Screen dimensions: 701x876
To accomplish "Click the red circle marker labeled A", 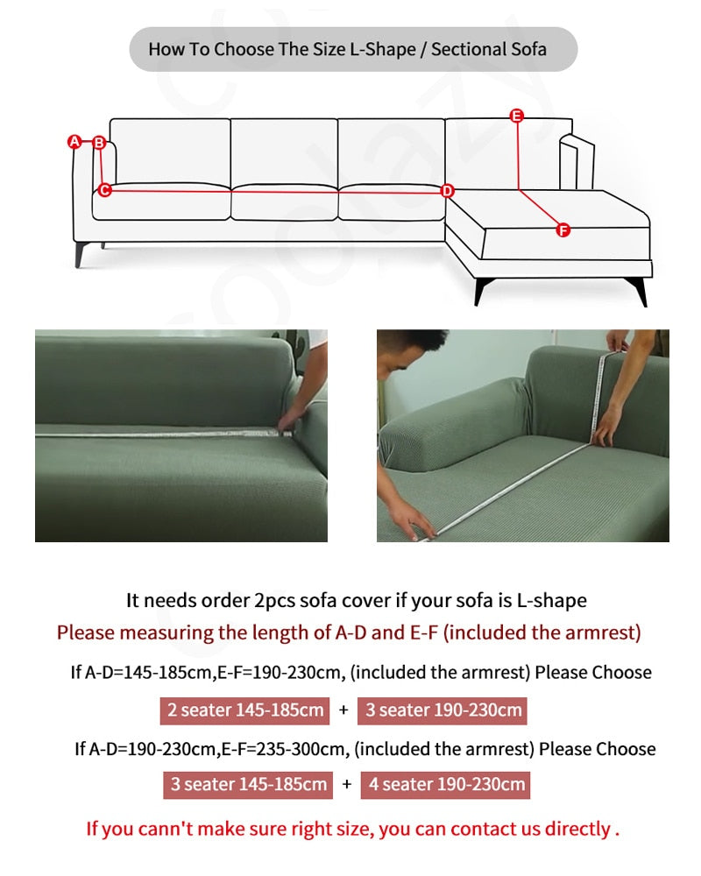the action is (74, 142).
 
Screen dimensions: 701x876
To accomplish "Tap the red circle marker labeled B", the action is (100, 143).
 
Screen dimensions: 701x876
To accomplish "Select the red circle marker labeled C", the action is (104, 190).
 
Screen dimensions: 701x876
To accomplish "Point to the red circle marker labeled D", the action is (447, 191).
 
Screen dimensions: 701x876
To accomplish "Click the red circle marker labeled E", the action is (517, 116).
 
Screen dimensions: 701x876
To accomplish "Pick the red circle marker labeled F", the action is (563, 230).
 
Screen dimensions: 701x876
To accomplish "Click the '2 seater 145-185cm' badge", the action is (244, 710).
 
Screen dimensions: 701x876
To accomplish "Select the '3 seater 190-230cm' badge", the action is (443, 710).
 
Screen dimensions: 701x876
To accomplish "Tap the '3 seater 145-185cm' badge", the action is (248, 785).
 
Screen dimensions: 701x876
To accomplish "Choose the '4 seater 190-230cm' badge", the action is (445, 785).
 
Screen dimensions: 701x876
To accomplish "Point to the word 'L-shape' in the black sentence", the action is (552, 601).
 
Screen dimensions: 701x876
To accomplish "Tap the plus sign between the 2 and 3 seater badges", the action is (343, 710).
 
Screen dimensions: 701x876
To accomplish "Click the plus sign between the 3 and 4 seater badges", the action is (347, 784).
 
